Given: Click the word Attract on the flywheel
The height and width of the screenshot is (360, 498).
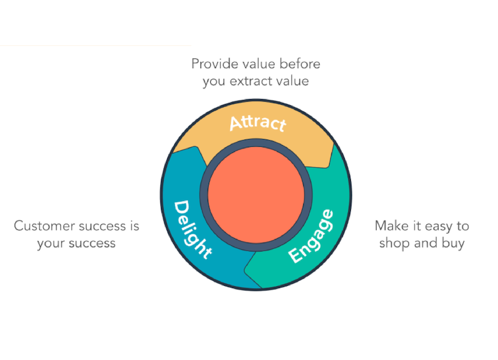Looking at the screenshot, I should pyautogui.click(x=257, y=122).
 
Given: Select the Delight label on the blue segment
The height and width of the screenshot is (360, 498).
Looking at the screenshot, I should pyautogui.click(x=192, y=229).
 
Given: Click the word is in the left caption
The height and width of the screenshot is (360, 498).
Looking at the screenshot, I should pyautogui.click(x=133, y=226).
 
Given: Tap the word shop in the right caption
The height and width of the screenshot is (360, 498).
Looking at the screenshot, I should pyautogui.click(x=393, y=244).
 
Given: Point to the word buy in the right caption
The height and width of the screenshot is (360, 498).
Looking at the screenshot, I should pyautogui.click(x=452, y=244).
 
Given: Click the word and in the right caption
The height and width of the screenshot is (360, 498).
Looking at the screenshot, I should pyautogui.click(x=424, y=244).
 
